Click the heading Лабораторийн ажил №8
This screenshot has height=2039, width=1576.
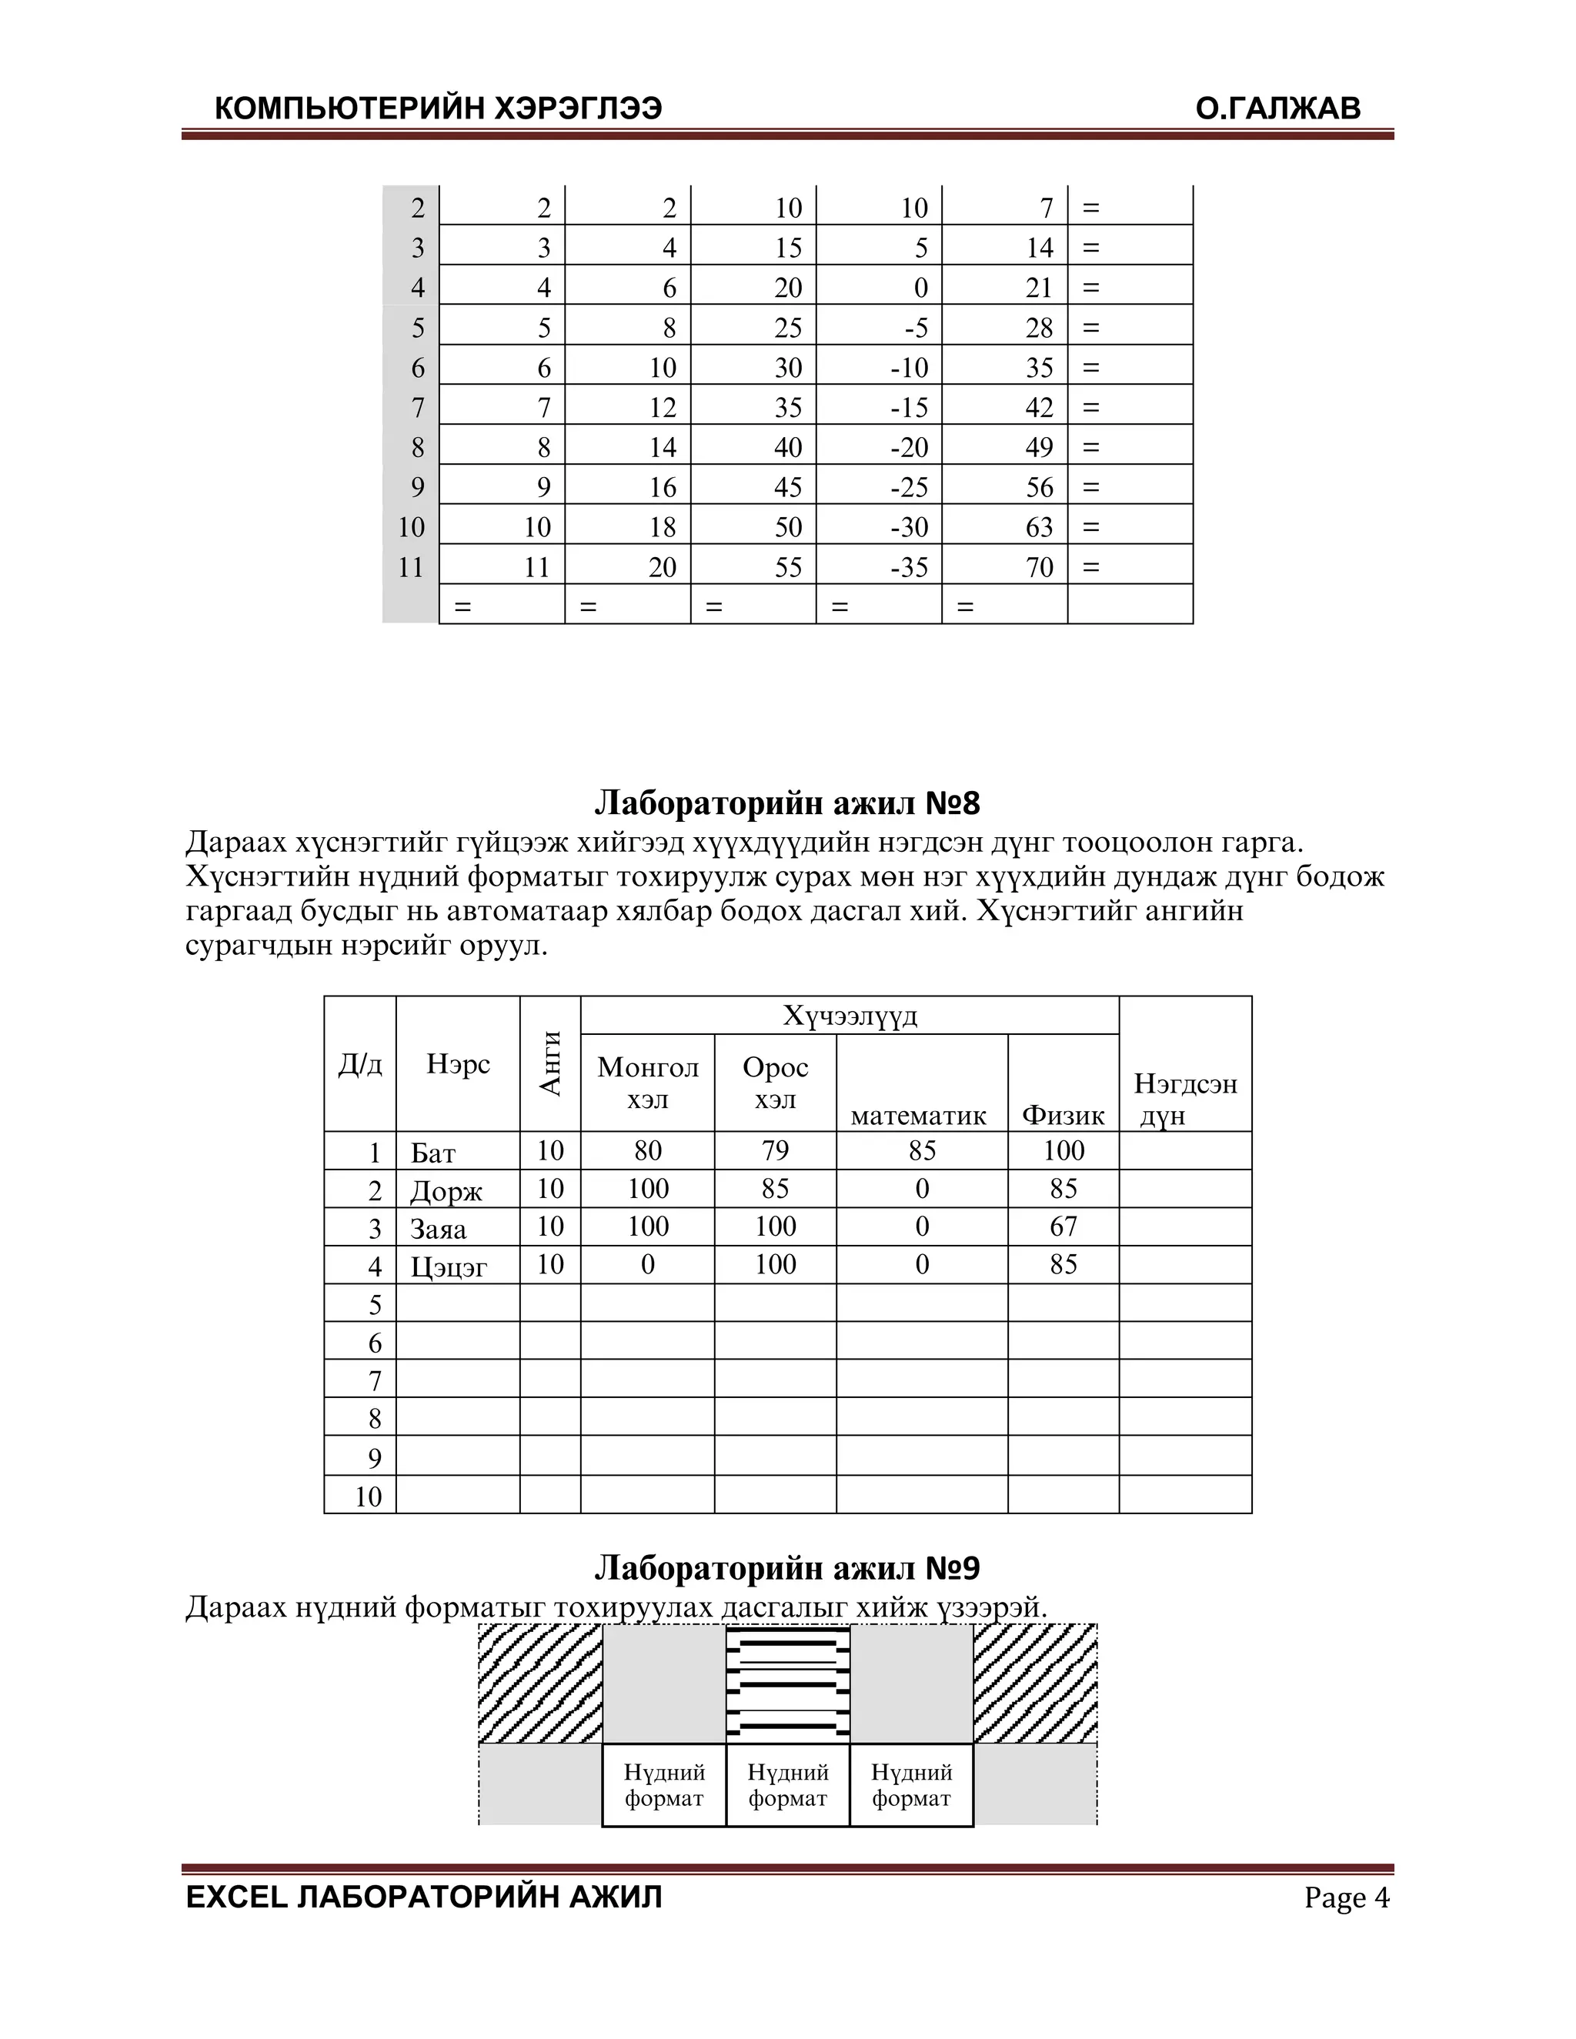[787, 802]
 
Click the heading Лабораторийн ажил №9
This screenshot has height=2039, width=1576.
[787, 1567]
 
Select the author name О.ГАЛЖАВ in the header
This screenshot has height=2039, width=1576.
[1277, 109]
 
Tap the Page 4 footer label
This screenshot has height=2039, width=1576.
[1347, 1897]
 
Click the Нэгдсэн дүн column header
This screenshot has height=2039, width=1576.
[1185, 1098]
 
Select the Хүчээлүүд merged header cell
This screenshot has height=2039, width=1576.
[850, 1015]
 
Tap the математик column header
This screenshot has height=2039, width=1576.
[919, 1115]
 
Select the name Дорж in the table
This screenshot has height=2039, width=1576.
[446, 1190]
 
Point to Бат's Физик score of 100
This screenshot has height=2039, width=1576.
[1063, 1150]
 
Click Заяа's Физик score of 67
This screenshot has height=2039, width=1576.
[1063, 1226]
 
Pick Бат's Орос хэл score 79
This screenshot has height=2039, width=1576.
[775, 1150]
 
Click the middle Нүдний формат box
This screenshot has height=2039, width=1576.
[788, 1784]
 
